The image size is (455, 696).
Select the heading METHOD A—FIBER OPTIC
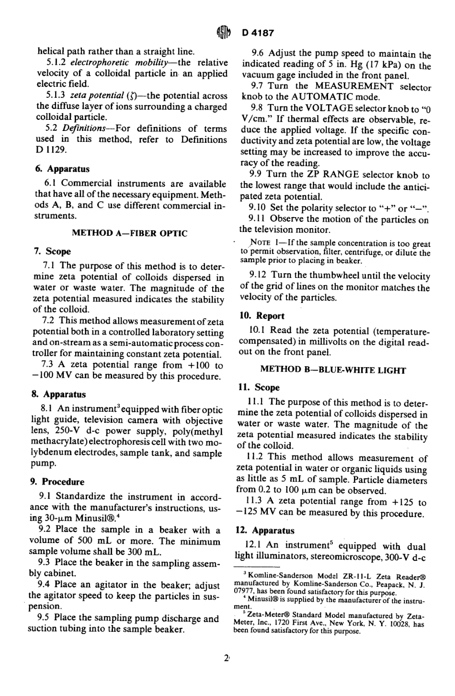129,233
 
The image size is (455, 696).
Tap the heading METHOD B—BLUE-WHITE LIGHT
333,370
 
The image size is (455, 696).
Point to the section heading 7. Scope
52,251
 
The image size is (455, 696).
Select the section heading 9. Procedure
57,482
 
